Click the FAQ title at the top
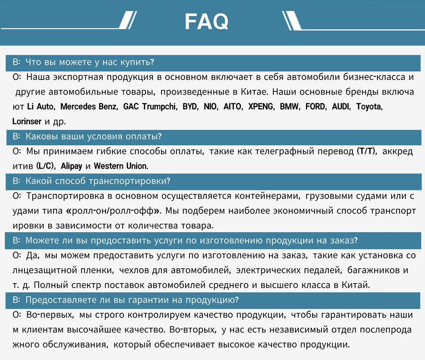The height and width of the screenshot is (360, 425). click(206, 22)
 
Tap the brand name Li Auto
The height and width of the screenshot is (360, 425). click(40, 107)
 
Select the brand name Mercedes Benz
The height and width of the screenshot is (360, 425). click(89, 107)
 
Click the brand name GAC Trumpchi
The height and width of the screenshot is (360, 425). click(149, 107)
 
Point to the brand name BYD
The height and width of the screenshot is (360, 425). click(190, 107)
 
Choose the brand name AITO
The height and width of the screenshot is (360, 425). click(233, 107)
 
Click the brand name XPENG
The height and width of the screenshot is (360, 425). click(261, 107)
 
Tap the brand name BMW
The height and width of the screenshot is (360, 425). click(289, 107)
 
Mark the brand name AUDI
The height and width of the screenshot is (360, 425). click(341, 107)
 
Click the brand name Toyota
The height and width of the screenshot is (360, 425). click(369, 107)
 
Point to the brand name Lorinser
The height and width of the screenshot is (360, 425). click(27, 121)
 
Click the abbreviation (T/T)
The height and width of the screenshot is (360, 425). click(366, 151)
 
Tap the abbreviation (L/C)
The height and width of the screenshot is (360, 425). click(45, 166)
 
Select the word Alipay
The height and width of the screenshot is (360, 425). click(71, 166)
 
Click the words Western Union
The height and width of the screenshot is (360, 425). click(121, 166)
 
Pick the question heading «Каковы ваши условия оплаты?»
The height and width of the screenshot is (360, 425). click(93, 137)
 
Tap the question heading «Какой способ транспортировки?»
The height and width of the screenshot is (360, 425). click(98, 181)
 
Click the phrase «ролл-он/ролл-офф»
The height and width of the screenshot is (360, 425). click(113, 211)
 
